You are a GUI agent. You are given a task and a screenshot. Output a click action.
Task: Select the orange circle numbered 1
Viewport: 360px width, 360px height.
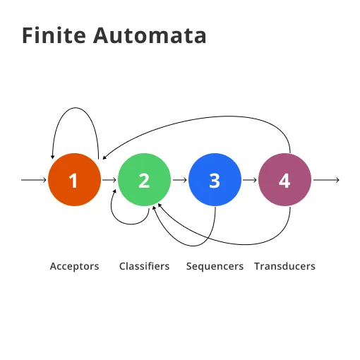point(73,180)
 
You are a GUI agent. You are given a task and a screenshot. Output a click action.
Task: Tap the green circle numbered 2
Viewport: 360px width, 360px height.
point(144,180)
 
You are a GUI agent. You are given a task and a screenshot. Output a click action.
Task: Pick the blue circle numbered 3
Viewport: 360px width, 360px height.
point(215,180)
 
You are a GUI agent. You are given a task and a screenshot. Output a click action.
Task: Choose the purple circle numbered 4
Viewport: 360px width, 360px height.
point(284,180)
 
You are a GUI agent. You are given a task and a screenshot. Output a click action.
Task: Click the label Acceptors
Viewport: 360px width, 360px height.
point(74,266)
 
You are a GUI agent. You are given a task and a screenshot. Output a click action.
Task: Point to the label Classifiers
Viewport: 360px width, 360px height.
point(144,266)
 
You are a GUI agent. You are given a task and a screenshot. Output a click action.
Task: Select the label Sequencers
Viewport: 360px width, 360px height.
point(215,266)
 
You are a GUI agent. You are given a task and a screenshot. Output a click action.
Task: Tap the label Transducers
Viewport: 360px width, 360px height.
point(284,266)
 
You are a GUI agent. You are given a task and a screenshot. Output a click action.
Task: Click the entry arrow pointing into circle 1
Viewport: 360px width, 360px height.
point(34,180)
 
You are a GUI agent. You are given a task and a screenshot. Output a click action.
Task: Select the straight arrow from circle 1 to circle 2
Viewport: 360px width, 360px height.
point(109,180)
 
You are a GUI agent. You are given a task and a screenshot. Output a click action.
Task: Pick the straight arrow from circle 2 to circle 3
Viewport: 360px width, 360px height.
point(179,180)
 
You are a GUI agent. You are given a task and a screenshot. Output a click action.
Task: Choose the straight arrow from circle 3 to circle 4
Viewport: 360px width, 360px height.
point(250,180)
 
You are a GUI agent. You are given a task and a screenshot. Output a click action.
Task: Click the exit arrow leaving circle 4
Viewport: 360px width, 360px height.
point(326,180)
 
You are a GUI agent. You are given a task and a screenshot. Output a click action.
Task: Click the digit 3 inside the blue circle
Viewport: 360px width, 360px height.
point(215,180)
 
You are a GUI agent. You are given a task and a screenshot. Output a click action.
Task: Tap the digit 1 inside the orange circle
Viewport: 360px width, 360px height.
point(73,180)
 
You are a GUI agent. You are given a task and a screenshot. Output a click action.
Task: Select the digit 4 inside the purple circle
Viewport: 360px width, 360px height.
point(284,180)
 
